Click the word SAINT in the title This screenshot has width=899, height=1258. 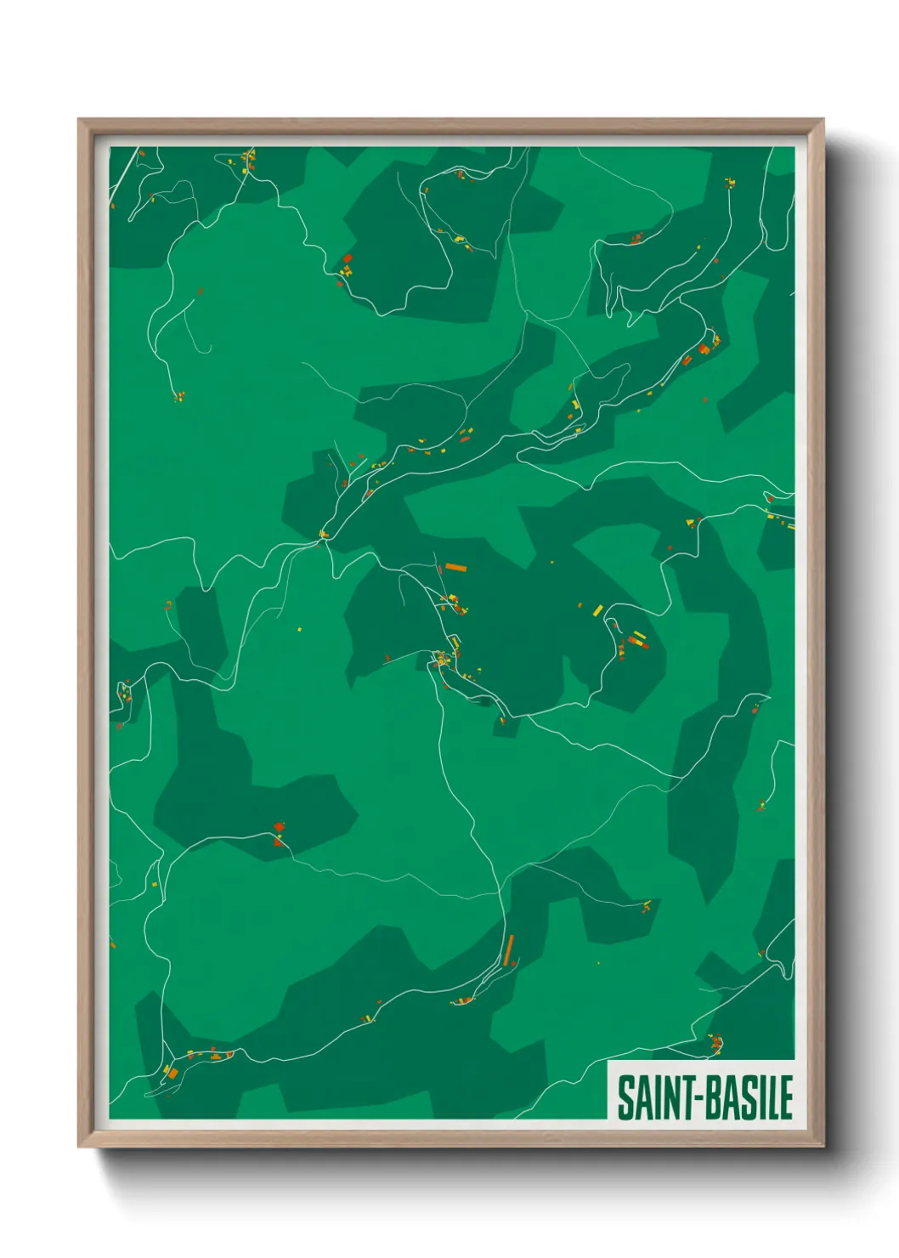(652, 1097)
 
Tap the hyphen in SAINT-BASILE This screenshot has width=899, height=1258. (694, 1098)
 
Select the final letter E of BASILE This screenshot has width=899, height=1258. (786, 1097)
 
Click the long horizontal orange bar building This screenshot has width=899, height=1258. (456, 567)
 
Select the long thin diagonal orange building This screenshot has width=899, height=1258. (509, 949)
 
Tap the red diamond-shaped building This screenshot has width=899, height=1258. (279, 826)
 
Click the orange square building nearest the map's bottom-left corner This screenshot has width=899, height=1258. (172, 1074)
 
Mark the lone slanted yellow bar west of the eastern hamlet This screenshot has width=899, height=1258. (598, 609)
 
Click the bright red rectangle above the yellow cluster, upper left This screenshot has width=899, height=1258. (348, 258)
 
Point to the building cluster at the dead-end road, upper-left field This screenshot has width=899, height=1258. (178, 396)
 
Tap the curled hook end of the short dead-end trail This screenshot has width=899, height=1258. (207, 349)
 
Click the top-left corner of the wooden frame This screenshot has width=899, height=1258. (79, 120)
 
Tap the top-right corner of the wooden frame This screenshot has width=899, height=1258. (823, 120)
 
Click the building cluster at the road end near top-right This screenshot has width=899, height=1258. (729, 182)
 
